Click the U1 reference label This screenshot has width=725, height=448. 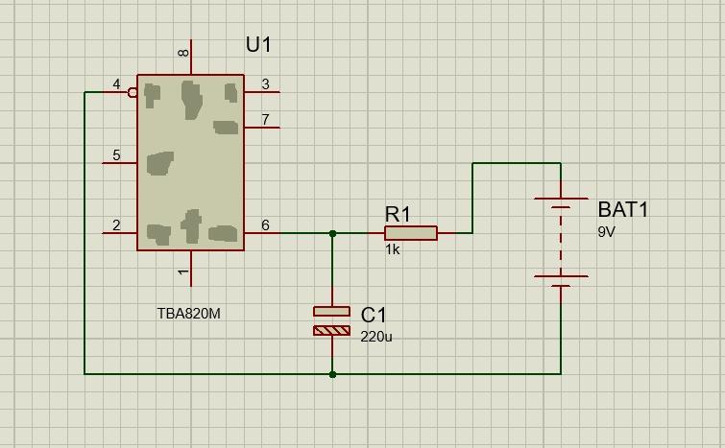(x=258, y=45)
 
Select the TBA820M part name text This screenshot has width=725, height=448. (x=188, y=314)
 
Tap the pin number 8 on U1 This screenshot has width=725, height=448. (x=183, y=53)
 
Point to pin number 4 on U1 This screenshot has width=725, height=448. (x=116, y=84)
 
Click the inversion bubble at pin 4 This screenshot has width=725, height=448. (x=133, y=92)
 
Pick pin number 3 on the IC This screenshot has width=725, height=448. (x=265, y=84)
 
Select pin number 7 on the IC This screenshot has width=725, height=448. (x=265, y=119)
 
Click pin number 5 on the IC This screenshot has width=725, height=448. (x=116, y=154)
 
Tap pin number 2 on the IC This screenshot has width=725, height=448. (x=116, y=224)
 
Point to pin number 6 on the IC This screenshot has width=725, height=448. (x=265, y=224)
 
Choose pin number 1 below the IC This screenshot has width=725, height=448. (x=183, y=272)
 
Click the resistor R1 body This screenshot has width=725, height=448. (x=411, y=233)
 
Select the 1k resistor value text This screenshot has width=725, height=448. (x=392, y=249)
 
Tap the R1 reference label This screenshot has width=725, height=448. (x=398, y=214)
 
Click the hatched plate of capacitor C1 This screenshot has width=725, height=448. (x=332, y=331)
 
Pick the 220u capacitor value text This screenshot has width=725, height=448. (x=376, y=337)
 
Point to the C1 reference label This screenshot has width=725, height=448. (x=374, y=315)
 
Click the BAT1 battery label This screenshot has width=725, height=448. (x=623, y=209)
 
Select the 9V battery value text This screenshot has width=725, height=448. (x=607, y=231)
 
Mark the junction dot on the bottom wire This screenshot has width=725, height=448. (x=332, y=374)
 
